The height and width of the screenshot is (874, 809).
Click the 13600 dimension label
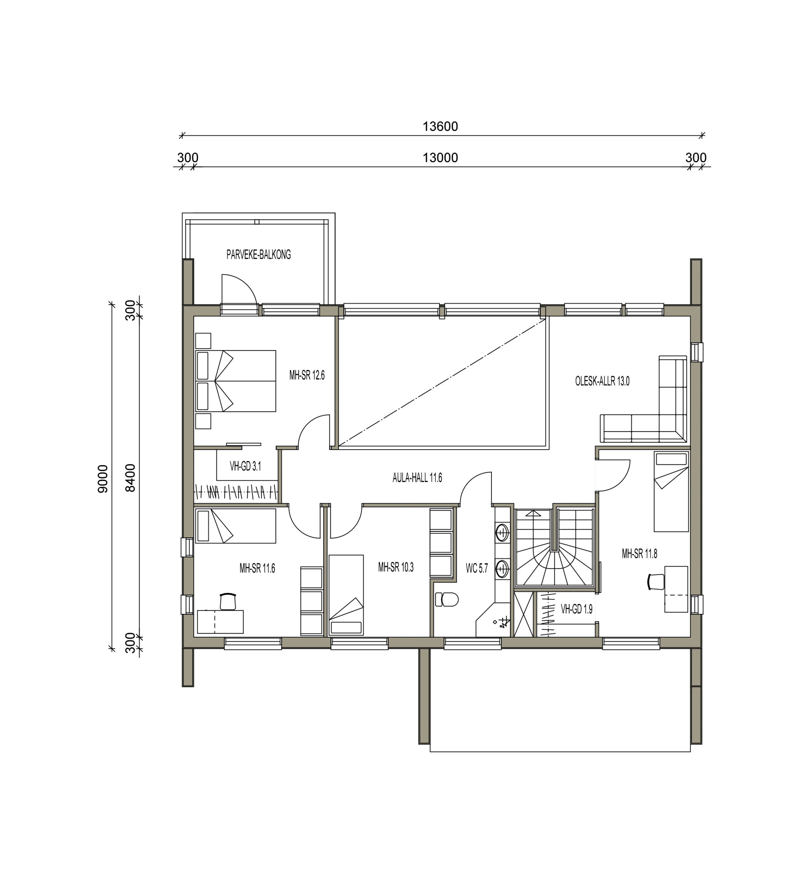pos(440,127)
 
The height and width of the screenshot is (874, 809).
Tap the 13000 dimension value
pos(440,158)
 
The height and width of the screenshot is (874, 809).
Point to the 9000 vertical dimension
pos(103,479)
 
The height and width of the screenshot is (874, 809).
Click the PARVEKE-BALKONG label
pos(258,255)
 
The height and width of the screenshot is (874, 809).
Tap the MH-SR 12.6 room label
pos(307,375)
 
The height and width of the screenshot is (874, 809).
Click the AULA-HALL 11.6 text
pos(417,478)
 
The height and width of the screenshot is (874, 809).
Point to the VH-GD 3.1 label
pos(245,466)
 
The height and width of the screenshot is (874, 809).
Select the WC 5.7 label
pos(477,569)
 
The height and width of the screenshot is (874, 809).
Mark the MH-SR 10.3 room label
pos(396,567)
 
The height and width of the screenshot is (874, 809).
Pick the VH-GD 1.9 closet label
pos(577,609)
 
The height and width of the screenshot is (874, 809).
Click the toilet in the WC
pos(446,599)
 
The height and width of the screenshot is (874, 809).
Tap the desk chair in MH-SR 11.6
pos(228,601)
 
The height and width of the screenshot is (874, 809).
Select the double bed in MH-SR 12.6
pos(236,381)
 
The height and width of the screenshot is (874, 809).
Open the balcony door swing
pos(240,292)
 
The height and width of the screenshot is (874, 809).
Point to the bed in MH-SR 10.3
pos(346,595)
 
